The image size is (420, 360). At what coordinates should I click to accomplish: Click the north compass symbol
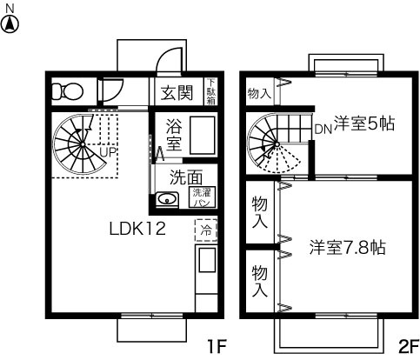coord(10,23)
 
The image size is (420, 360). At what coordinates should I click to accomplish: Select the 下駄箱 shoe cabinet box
coord(210,90)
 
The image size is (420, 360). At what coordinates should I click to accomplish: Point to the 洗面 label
coord(186,176)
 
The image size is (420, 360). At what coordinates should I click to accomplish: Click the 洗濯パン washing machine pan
coord(202,197)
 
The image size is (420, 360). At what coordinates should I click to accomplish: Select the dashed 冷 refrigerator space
coord(206,230)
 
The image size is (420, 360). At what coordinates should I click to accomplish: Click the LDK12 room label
coord(137,230)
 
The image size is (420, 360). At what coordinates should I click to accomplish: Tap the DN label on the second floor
coord(323,129)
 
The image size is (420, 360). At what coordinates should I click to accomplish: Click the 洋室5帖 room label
coord(364,123)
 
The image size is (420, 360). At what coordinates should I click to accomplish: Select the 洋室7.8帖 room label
coord(348,247)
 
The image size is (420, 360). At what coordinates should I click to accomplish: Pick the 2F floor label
coord(407,345)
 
